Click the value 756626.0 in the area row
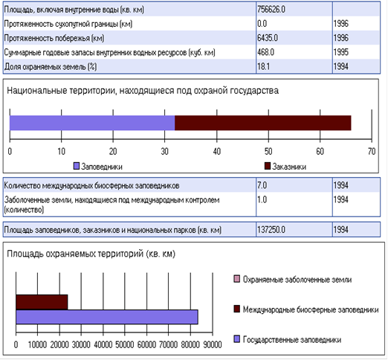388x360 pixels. pos(271,10)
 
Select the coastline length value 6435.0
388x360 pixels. pos(268,38)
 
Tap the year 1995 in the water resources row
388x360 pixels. pos(340,52)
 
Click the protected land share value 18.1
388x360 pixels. pos(263,66)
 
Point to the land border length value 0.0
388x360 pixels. pos(262,24)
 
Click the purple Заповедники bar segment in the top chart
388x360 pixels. pos(92,123)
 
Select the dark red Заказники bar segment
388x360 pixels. pos(263,123)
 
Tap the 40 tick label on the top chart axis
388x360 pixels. pos(217,151)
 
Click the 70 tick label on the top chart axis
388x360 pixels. pos(372,151)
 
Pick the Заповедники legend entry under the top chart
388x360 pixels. pos(98,167)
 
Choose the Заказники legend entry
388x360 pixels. pos(285,167)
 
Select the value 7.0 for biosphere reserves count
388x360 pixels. pos(262,185)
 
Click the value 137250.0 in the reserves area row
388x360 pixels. pos(271,230)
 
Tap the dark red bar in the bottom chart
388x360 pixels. pos(42,302)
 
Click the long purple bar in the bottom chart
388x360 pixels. pos(107,317)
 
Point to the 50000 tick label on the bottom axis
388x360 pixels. pos(125,344)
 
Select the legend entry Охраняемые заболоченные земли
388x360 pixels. pos(293,280)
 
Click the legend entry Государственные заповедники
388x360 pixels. pos(288,339)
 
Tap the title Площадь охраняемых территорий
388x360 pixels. pos(91,254)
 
